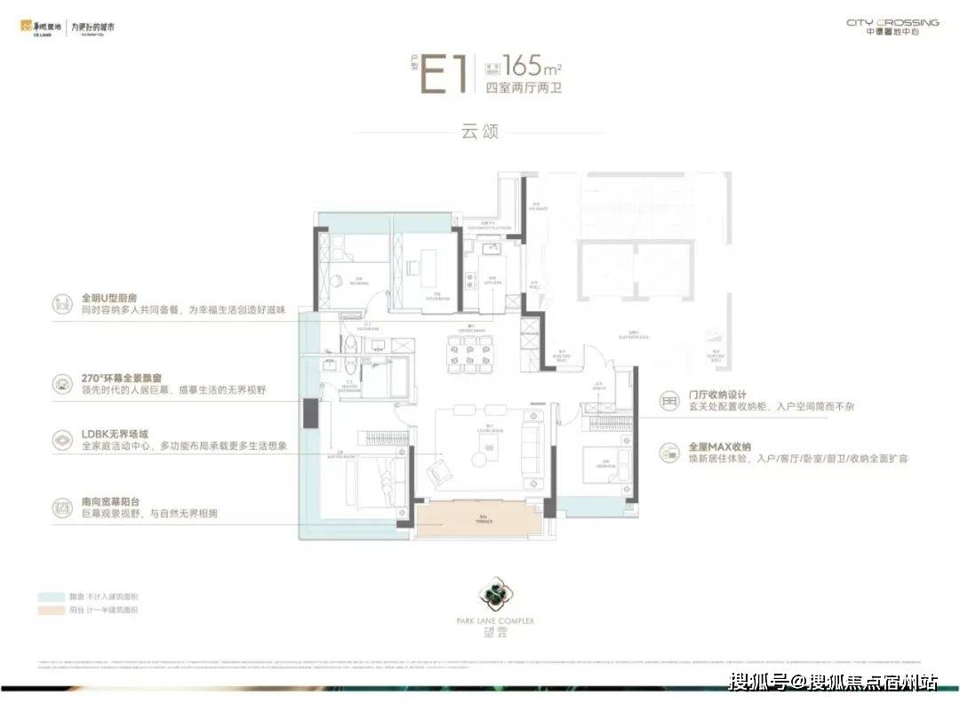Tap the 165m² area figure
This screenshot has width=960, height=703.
coord(532,65)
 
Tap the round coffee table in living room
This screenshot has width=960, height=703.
coord(481,459)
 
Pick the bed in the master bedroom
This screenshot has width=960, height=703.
coord(372,480)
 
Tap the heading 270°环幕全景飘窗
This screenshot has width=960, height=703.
coord(120,378)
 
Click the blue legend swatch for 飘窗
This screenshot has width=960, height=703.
coord(48,597)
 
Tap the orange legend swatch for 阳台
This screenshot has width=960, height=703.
coord(48,611)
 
